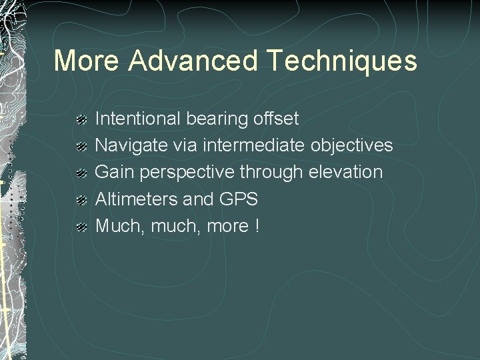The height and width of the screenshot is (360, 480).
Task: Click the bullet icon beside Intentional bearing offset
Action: [x=81, y=120]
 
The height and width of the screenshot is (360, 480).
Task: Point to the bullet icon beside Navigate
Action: [x=81, y=147]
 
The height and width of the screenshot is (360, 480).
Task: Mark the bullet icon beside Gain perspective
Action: [x=81, y=173]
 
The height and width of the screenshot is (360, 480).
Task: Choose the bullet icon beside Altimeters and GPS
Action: [x=81, y=200]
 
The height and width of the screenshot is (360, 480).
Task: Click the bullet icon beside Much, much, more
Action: [x=81, y=227]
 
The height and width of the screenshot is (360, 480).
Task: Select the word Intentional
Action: [x=138, y=119]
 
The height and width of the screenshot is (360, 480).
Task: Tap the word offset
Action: [x=276, y=119]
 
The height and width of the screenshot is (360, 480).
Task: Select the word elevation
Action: [x=346, y=173]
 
